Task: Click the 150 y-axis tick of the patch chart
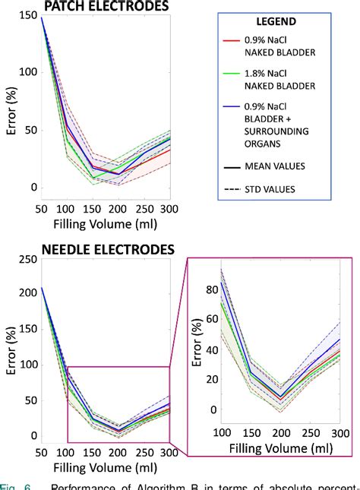(24, 15)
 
